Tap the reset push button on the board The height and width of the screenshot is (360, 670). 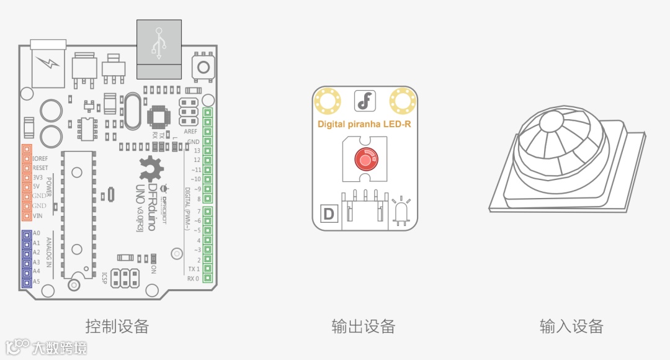point(202,66)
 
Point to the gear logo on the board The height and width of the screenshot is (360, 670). point(151,168)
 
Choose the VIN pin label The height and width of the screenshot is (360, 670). point(37,215)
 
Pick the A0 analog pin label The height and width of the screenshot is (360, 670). point(37,233)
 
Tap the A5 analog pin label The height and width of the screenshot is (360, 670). point(37,281)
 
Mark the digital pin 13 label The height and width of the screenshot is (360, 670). point(197,151)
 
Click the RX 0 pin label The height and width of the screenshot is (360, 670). point(193,279)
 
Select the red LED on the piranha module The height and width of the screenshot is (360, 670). point(365,160)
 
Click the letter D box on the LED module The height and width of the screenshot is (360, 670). point(329,214)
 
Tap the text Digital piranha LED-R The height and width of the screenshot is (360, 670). point(364,124)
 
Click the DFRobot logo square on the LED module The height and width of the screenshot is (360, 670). point(365,100)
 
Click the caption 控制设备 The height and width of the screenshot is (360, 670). point(117,326)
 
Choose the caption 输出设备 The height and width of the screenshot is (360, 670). point(364,326)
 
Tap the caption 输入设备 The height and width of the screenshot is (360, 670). point(571,326)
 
